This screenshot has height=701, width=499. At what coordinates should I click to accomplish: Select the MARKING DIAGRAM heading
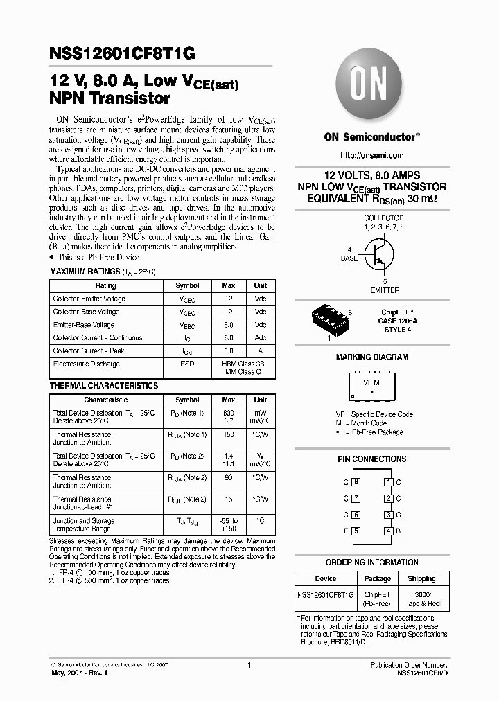point(372,357)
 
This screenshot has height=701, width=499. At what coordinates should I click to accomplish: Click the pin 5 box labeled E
point(356,531)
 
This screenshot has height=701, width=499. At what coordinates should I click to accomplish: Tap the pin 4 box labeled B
point(389,531)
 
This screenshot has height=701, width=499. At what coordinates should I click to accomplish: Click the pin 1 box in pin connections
point(389,482)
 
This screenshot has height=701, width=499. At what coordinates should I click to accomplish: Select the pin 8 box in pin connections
point(356,482)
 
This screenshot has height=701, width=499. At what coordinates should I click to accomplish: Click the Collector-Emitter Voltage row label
point(89,299)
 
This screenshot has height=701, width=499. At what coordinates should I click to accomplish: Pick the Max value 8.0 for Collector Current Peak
point(229,350)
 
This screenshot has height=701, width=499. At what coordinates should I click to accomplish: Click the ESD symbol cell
point(187,364)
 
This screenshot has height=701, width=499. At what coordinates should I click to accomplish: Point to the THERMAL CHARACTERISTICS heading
point(104,386)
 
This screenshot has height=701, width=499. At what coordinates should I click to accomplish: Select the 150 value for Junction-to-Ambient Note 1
point(229,434)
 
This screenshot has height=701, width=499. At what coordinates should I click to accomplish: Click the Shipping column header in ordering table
point(422,578)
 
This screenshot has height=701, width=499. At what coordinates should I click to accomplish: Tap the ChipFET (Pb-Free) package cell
point(378,599)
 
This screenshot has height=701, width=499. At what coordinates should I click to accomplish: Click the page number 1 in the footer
point(249,665)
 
